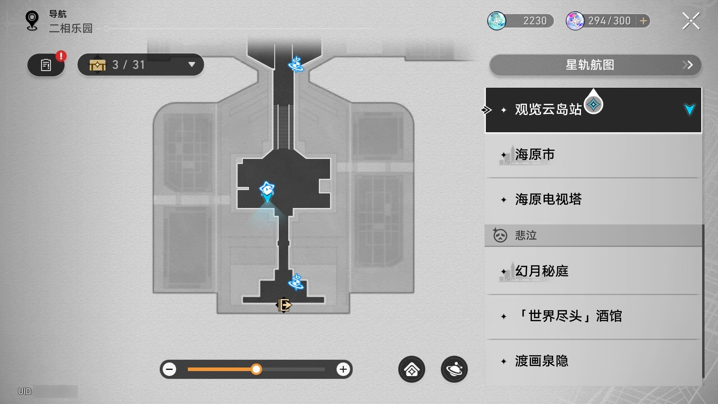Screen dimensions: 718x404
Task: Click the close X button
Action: tap(691, 21)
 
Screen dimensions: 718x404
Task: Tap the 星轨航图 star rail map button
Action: tap(595, 65)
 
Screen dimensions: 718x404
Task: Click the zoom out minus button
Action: tap(169, 369)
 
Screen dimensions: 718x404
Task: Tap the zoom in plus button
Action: tap(343, 369)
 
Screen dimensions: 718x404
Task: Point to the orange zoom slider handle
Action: tap(256, 369)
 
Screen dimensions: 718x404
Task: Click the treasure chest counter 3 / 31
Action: tap(141, 65)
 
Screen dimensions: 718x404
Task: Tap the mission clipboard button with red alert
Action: tap(46, 65)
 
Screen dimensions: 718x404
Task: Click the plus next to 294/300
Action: tap(643, 21)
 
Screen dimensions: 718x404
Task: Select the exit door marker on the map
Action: tap(284, 305)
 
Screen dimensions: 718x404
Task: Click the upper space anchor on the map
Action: tap(296, 64)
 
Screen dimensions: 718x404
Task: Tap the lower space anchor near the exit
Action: tap(296, 282)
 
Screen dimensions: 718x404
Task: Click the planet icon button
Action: tap(454, 369)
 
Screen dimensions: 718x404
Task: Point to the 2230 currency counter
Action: tap(521, 21)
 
